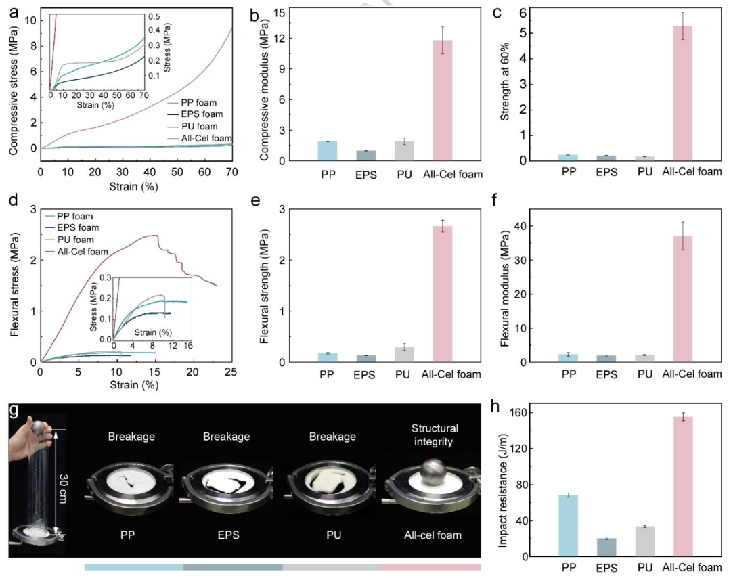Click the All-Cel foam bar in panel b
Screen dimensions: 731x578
point(443,101)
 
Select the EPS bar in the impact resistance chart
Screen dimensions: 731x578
point(606,548)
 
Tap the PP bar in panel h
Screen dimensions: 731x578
point(569,526)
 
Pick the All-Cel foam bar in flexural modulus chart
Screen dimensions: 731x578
point(682,299)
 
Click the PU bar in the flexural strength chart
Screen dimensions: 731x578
point(404,355)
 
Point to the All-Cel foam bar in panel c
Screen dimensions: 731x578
point(682,93)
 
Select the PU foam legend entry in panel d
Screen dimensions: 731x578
point(70,240)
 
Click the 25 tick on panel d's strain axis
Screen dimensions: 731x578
point(231,372)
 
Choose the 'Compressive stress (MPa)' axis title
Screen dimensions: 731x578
point(14,91)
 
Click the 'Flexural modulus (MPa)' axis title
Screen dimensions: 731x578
point(505,288)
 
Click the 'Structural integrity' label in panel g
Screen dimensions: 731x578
point(434,435)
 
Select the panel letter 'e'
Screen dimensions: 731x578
point(255,201)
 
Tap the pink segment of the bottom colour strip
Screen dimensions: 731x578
point(431,566)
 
